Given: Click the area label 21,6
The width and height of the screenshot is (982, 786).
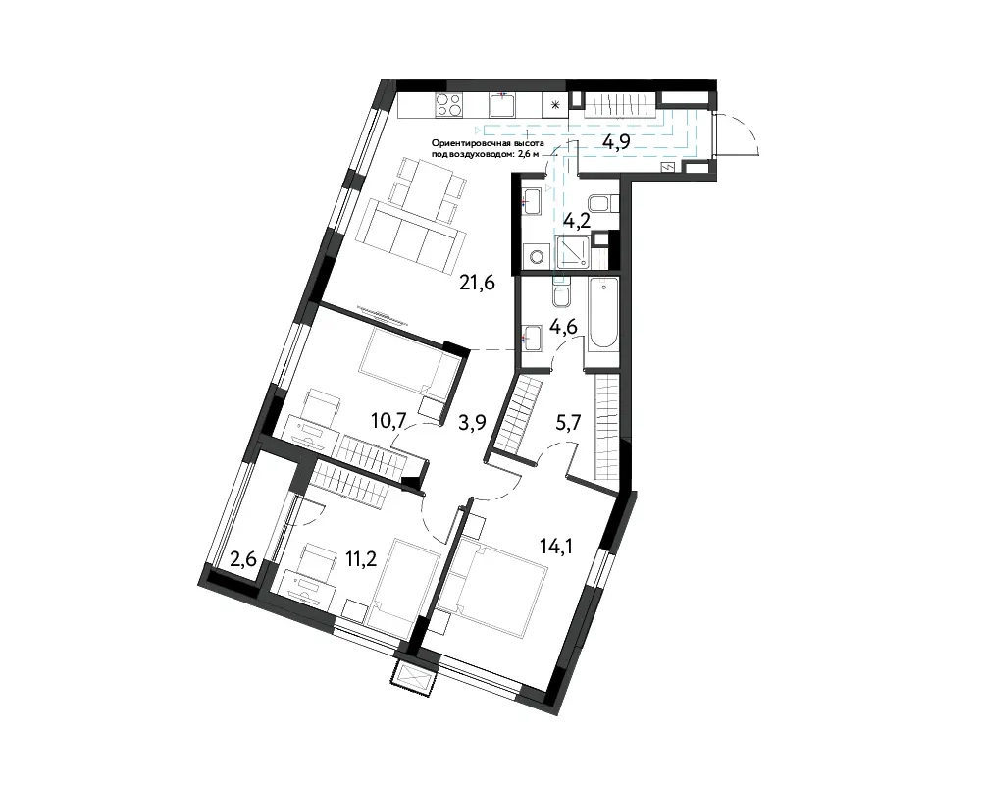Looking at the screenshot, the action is point(477,283).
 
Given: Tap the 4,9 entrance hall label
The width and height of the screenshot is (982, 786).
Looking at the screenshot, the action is point(616,143).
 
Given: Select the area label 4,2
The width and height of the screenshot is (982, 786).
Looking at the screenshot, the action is point(577,221).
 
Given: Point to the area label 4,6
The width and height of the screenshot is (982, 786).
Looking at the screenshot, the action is point(562,327).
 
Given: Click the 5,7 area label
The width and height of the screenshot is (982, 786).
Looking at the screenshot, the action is point(568,422).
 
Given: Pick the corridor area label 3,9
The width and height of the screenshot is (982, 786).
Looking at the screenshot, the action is point(472,423).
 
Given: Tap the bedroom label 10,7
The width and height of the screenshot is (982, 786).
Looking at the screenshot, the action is point(388,420).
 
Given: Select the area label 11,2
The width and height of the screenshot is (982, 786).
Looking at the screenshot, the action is point(361,558).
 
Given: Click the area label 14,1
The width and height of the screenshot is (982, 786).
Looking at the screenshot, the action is point(556,547).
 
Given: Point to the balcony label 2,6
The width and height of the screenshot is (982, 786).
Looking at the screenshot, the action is point(243,558).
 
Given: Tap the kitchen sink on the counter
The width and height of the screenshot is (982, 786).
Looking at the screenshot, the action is point(501,105).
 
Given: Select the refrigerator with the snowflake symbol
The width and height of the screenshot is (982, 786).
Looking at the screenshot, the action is point(554,105).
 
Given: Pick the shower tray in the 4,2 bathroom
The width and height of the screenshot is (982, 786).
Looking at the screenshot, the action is point(573,252).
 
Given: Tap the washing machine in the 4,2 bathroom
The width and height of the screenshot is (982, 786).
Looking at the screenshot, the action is point(537,256).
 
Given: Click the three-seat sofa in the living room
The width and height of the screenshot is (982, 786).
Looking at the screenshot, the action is point(410,236).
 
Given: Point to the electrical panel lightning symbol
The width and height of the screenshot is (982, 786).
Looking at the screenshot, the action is point(669,167).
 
